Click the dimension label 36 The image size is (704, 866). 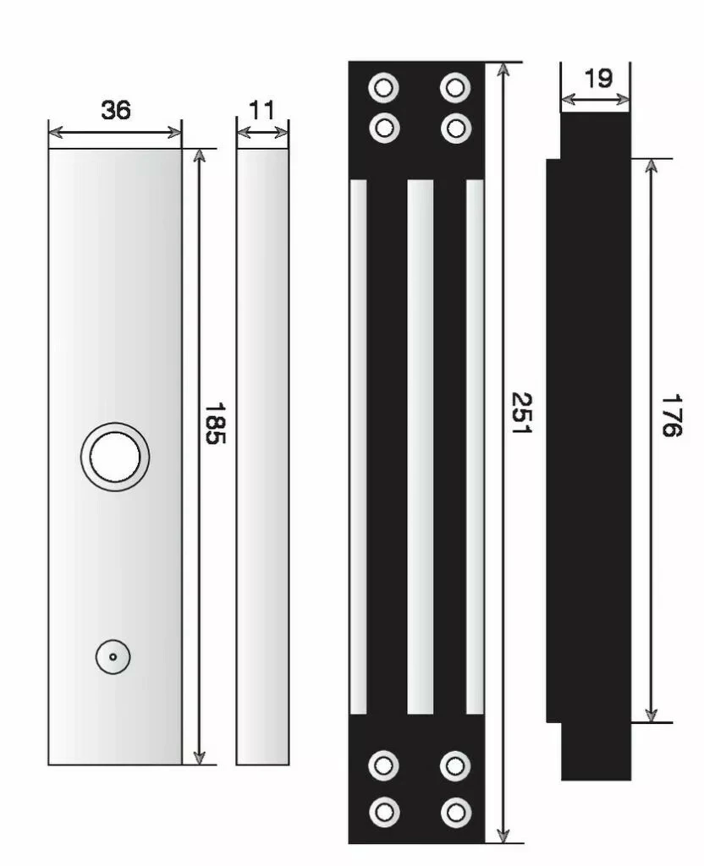[116, 110]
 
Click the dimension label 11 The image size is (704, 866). [262, 110]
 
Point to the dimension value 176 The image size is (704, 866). [669, 415]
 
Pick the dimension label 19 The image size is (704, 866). [597, 78]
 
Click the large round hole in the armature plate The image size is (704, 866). [115, 457]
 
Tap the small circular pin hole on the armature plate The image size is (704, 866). [113, 656]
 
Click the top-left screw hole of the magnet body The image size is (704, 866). [384, 86]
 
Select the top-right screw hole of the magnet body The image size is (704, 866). [455, 86]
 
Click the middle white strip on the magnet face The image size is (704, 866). [420, 447]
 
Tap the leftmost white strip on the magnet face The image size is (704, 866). [359, 447]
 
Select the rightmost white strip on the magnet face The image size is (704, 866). [476, 447]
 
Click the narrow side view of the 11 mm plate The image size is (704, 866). [262, 457]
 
